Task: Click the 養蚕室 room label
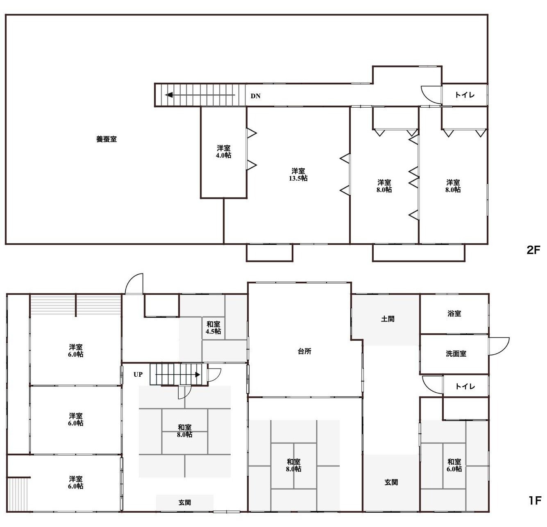pyautogui.click(x=106, y=139)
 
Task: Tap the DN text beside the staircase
pyautogui.click(x=256, y=96)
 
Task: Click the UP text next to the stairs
pyautogui.click(x=138, y=374)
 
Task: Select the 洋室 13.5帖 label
pyautogui.click(x=298, y=174)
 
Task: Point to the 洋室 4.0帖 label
pyautogui.click(x=223, y=152)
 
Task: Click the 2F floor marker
pyautogui.click(x=533, y=250)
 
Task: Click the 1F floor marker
pyautogui.click(x=534, y=500)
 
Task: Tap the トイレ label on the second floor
pyautogui.click(x=465, y=95)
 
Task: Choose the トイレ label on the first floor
pyautogui.click(x=465, y=387)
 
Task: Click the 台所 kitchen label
pyautogui.click(x=304, y=351)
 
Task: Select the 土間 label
pyautogui.click(x=388, y=319)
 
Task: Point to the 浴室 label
pyautogui.click(x=454, y=314)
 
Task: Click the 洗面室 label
pyautogui.click(x=456, y=354)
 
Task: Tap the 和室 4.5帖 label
pyautogui.click(x=213, y=328)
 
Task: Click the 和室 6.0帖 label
pyautogui.click(x=454, y=465)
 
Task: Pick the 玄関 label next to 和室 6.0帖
pyautogui.click(x=391, y=482)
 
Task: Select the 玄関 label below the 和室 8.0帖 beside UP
pyautogui.click(x=185, y=502)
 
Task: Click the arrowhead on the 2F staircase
pyautogui.click(x=169, y=95)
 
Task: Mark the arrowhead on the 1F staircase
pyautogui.click(x=198, y=375)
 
